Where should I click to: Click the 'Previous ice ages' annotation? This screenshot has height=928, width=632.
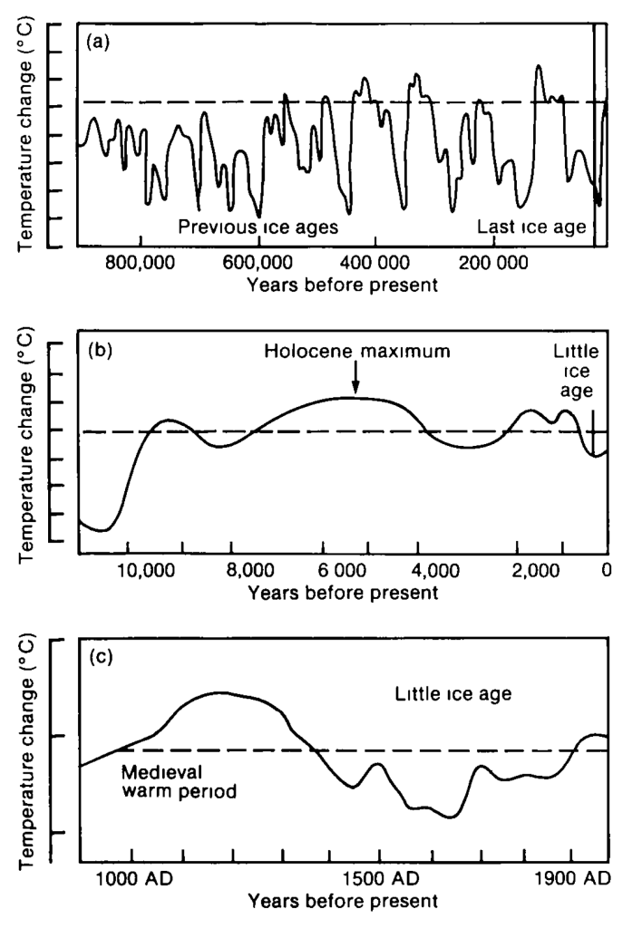pos(258,227)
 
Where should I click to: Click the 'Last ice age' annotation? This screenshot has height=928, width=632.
pos(532,227)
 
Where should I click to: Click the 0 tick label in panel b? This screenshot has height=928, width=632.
pos(606,571)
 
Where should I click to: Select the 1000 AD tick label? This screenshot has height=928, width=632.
pos(132,880)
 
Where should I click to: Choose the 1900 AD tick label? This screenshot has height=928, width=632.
pos(570,880)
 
